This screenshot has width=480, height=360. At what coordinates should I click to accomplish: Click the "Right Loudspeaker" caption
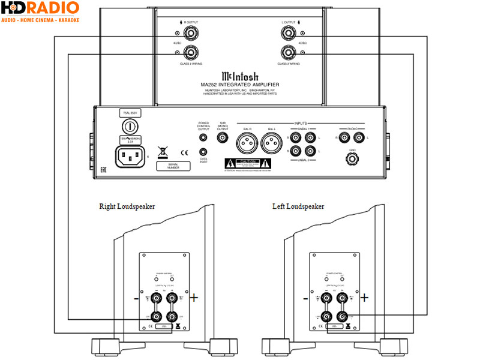[127, 206]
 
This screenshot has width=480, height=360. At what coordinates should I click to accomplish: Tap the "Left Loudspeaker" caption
[298, 206]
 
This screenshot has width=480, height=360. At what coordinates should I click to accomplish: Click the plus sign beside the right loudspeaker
[194, 297]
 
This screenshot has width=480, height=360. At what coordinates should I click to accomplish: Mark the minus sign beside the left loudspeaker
[306, 297]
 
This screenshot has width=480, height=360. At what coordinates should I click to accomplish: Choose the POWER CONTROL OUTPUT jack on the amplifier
[205, 137]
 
